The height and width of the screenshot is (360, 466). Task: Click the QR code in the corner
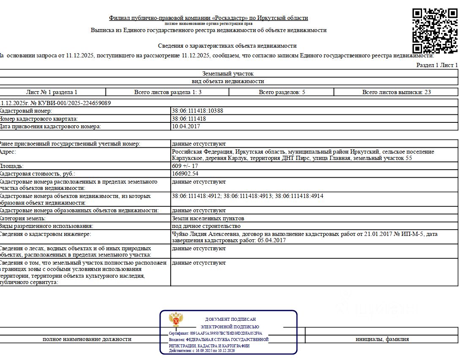click(x=435, y=30)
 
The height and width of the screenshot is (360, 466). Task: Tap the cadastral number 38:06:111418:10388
click(x=197, y=111)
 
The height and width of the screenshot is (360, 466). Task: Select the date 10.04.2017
click(x=186, y=126)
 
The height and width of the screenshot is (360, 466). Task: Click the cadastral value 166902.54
click(x=185, y=173)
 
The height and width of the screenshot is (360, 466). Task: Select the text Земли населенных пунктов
click(x=208, y=218)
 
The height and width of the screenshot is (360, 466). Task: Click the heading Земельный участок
click(x=228, y=73)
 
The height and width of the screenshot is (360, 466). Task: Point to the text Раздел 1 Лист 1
click(x=437, y=65)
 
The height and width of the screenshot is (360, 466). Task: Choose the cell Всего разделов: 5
click(x=281, y=92)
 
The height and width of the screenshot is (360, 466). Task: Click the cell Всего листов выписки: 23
click(x=396, y=92)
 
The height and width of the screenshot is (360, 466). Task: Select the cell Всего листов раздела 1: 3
click(x=168, y=92)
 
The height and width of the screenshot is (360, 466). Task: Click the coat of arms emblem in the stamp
click(x=175, y=319)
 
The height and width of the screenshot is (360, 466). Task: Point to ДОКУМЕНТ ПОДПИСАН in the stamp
click(x=230, y=319)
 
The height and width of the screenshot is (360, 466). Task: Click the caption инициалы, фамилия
click(x=382, y=339)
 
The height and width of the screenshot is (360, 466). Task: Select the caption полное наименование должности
click(x=87, y=339)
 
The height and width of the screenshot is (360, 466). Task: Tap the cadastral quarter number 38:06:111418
click(x=189, y=119)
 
